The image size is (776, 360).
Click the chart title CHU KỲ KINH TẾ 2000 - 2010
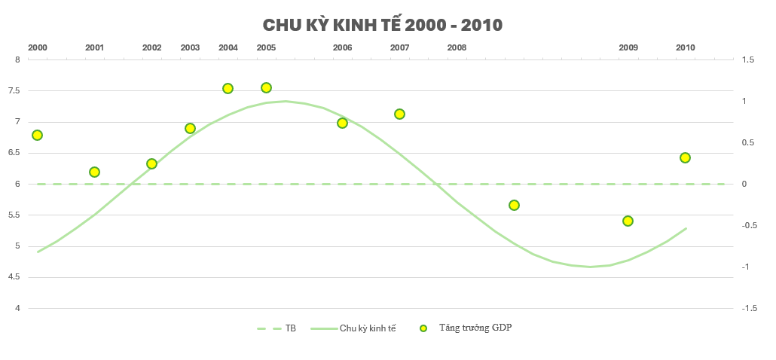tap(382, 25)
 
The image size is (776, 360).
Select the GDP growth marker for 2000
tap(37, 135)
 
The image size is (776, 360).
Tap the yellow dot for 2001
tap(94, 172)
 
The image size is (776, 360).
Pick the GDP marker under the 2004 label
tap(228, 88)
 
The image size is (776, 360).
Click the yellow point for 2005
tap(266, 87)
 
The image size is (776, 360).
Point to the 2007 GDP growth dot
tap(399, 114)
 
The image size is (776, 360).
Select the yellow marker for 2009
tap(628, 221)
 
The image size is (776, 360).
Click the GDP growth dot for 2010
tap(685, 157)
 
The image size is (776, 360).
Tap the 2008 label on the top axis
tap(457, 47)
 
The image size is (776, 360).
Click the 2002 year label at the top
tap(151, 47)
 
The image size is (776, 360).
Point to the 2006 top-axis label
tap(342, 47)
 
